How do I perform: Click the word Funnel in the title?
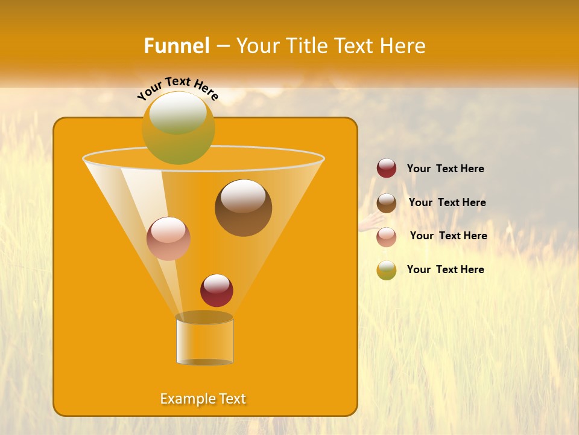[176, 46]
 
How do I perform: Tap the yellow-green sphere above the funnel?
[178, 128]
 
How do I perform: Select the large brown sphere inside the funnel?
[243, 208]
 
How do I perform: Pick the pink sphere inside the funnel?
[168, 239]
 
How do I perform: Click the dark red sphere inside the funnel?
[217, 291]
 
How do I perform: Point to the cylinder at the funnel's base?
[204, 340]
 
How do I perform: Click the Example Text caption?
[203, 399]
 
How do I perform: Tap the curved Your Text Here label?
[178, 88]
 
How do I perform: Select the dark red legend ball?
[387, 169]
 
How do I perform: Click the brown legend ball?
[387, 203]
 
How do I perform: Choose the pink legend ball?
[387, 237]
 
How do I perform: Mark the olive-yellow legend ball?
[387, 270]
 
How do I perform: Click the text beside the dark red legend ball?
[445, 169]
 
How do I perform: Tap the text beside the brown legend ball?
[447, 203]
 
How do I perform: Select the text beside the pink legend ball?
[448, 236]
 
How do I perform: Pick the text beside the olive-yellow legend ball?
[445, 270]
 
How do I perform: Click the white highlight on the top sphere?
[177, 112]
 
